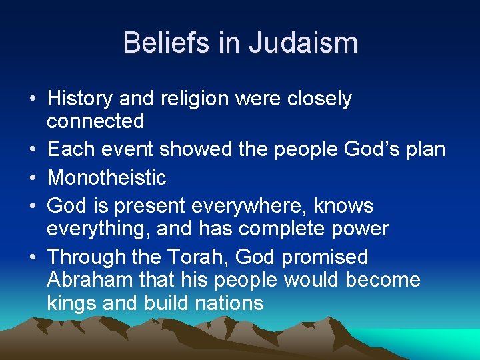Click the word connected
click(95, 121)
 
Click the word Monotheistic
click(107, 177)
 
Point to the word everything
click(98, 229)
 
